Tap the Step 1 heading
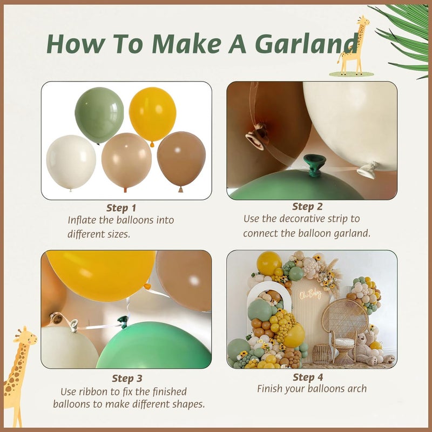point(121,208)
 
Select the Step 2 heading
point(307,207)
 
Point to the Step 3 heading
point(127,379)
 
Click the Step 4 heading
point(308,377)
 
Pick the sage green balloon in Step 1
point(99,115)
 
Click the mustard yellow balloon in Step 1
point(153,115)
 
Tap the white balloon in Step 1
point(71,163)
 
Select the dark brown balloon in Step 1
point(181,160)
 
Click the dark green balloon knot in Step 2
point(314,165)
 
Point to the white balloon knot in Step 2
point(367,170)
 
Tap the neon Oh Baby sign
point(310,295)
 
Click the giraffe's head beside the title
point(363,21)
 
